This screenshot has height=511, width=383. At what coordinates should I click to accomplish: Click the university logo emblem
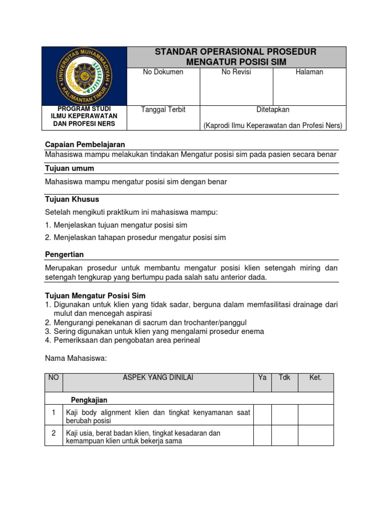[x=85, y=76]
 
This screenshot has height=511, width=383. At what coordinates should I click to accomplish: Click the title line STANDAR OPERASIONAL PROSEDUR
[x=236, y=52]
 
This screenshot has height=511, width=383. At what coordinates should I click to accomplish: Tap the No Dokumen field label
[x=163, y=72]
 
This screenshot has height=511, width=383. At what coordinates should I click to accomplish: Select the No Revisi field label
[x=236, y=72]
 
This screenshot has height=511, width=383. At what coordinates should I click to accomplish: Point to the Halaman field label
[x=309, y=72]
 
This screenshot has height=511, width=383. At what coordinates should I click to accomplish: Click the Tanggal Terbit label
[x=163, y=110]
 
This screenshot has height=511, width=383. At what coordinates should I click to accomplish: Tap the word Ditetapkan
[x=272, y=110]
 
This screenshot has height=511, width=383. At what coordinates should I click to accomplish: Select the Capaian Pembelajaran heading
[x=85, y=144]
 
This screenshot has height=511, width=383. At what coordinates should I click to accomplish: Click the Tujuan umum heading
[x=69, y=168]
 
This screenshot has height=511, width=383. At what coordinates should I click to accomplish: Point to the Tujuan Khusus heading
[x=72, y=199]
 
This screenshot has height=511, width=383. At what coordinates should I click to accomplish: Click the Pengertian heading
[x=64, y=255]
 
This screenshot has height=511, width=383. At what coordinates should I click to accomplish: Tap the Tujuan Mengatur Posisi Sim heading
[x=95, y=296]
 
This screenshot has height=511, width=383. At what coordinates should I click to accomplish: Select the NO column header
[x=53, y=378]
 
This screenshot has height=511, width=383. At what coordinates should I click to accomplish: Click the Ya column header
[x=262, y=378]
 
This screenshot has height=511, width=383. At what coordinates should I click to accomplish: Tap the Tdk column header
[x=284, y=378]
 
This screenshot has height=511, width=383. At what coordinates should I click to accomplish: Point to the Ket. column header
[x=315, y=378]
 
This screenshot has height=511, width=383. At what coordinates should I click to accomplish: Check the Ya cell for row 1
[x=262, y=415]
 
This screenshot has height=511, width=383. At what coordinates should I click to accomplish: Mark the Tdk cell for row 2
[x=284, y=436]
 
